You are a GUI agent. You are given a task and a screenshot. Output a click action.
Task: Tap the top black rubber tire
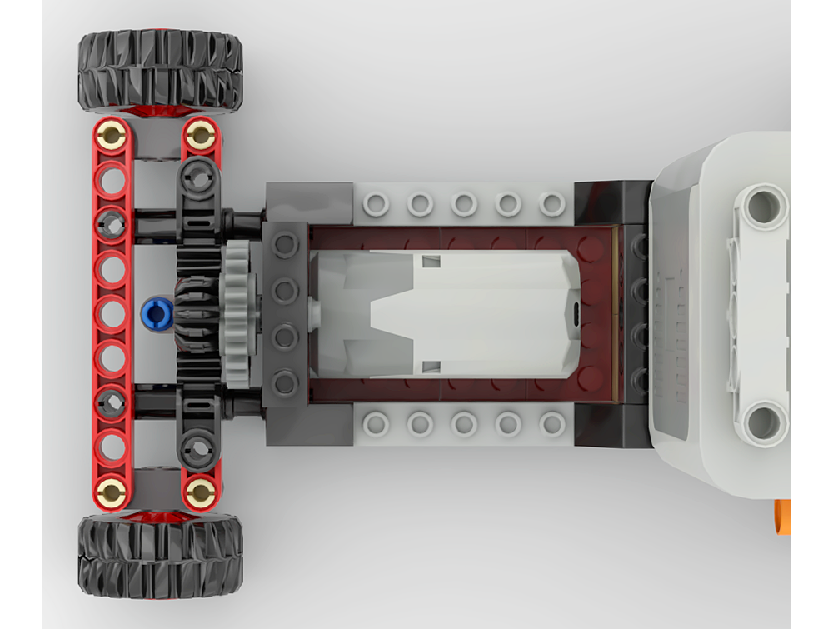[x=160, y=70]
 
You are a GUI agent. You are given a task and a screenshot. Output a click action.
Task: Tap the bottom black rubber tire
[x=160, y=555]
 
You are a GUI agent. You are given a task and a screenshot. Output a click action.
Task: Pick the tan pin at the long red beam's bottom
[x=112, y=493]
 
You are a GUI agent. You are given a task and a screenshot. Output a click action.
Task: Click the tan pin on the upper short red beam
[x=200, y=135]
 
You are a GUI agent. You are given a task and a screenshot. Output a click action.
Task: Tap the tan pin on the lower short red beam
[x=200, y=492]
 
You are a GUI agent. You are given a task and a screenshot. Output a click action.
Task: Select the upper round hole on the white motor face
[x=761, y=205]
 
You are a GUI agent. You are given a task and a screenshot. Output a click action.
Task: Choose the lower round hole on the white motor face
[x=761, y=422]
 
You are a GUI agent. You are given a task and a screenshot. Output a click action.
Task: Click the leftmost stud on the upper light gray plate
[x=377, y=203]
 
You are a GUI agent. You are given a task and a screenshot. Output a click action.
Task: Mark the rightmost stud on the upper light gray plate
[x=552, y=203]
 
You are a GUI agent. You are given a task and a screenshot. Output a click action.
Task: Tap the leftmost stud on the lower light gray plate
[x=377, y=424]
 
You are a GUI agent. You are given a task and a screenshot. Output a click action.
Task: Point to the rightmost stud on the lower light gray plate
[x=552, y=424]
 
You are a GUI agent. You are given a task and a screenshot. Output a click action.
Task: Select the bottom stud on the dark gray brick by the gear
[x=286, y=382]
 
